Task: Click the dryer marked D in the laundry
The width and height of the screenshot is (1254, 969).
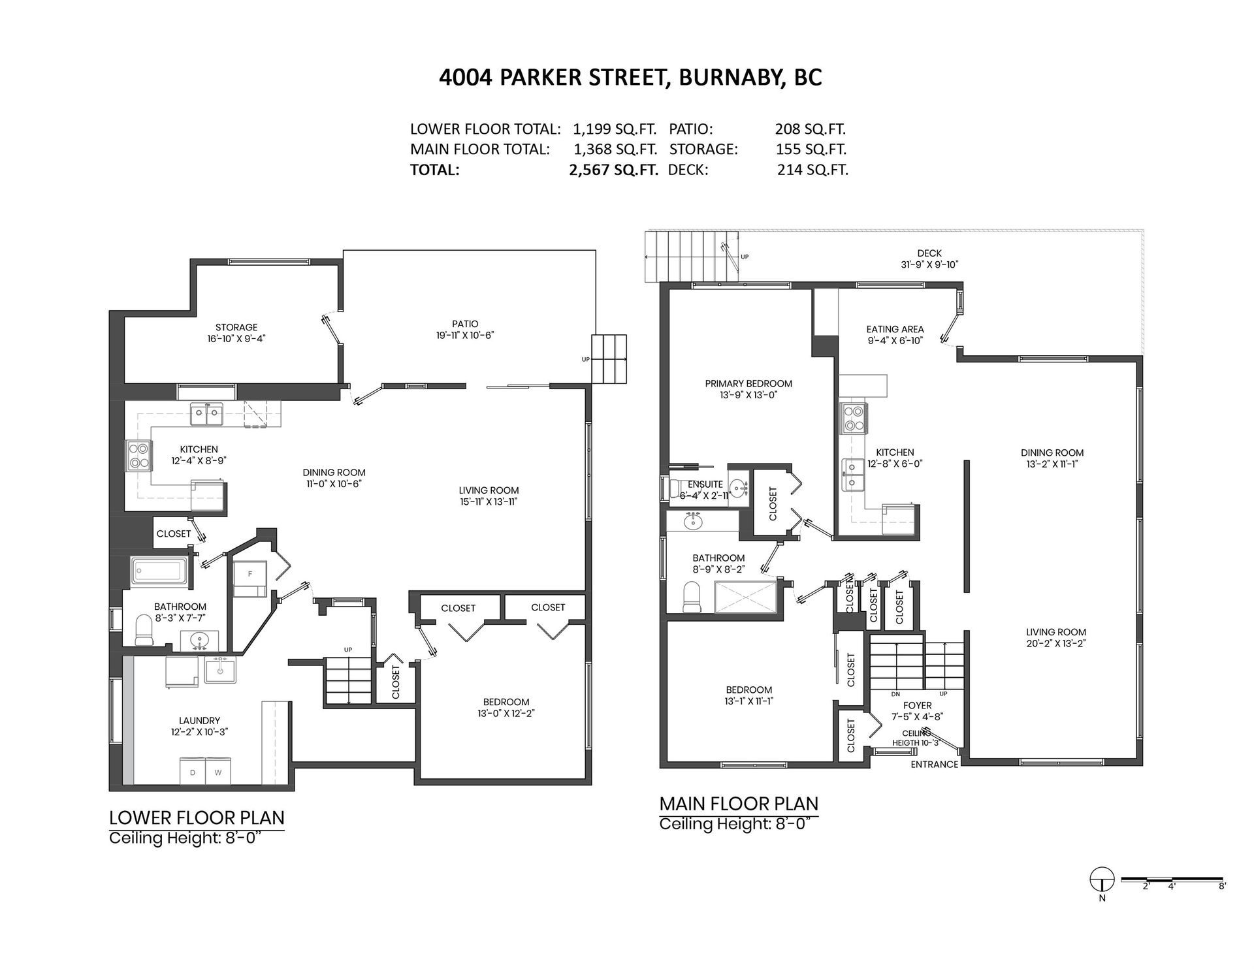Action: [193, 771]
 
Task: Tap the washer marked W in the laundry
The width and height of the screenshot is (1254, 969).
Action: [217, 771]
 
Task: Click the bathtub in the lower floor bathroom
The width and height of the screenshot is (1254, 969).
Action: [160, 571]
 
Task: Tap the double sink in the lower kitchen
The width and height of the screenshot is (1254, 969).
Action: [206, 414]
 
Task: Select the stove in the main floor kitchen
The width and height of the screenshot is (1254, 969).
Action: [853, 418]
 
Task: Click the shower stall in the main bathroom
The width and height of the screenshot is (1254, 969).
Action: [746, 596]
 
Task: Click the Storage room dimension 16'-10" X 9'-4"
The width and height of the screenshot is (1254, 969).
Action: [236, 339]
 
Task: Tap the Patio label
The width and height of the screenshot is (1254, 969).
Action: [465, 324]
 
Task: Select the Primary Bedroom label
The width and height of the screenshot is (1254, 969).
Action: [748, 384]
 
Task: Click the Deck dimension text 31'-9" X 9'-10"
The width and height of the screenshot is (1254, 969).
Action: [929, 264]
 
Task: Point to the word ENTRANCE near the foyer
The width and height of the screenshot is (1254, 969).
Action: [935, 764]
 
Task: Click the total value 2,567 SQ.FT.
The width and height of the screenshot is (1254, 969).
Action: [613, 170]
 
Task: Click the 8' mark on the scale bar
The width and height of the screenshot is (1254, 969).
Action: [1221, 886]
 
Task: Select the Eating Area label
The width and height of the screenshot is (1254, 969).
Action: [895, 329]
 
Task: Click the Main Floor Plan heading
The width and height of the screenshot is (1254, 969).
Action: [739, 803]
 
